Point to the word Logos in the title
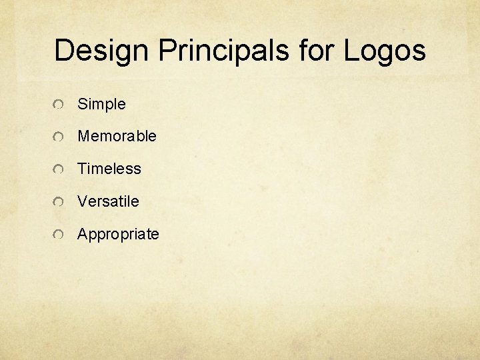point(385,51)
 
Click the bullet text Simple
point(101,104)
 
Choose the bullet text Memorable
point(117,136)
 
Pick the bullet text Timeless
point(109,169)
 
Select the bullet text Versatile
point(108,201)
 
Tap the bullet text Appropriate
point(118,235)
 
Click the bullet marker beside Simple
point(59,105)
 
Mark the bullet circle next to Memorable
point(59,137)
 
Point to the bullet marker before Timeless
point(59,169)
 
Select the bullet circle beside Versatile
point(59,202)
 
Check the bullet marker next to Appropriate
point(59,235)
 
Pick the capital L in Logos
point(351,51)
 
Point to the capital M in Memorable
point(83,136)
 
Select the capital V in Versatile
point(82,201)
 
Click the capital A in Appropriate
point(83,234)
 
